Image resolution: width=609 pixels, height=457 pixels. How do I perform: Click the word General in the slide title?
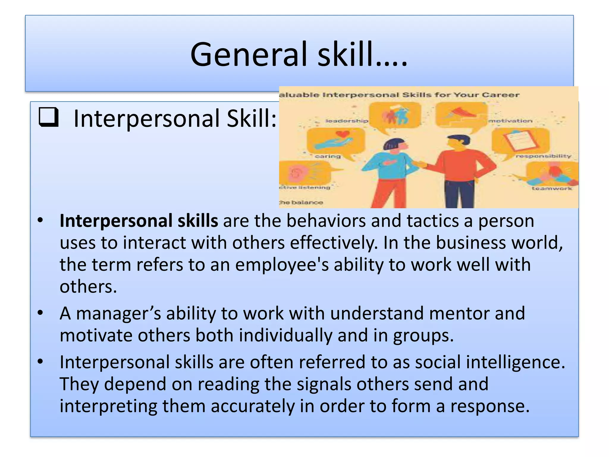244,55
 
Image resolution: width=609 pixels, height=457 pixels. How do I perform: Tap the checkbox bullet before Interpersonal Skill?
48,118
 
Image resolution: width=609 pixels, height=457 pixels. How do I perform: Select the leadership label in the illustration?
347,121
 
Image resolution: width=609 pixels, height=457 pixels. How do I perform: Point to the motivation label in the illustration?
510,121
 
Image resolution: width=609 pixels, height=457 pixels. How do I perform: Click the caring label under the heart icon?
327,156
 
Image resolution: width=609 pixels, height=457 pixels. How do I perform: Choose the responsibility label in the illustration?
543,156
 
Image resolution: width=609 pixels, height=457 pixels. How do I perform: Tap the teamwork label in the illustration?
552,188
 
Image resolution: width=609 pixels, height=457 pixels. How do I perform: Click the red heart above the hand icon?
343,134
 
